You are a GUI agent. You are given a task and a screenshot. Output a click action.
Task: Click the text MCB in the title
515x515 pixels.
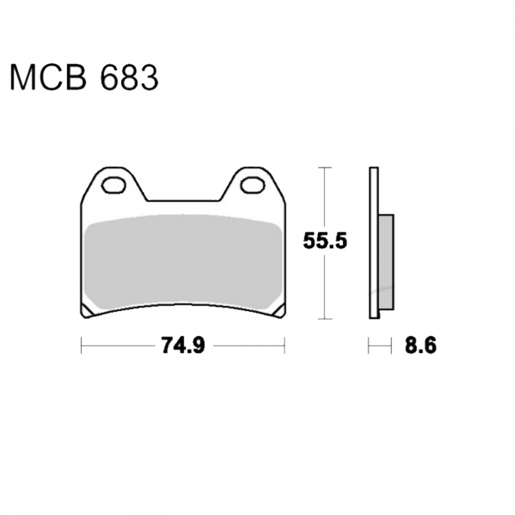[48, 77]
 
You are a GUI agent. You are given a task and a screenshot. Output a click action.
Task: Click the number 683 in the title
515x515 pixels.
[129, 77]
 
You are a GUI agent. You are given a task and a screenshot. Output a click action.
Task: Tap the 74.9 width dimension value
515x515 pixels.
[183, 346]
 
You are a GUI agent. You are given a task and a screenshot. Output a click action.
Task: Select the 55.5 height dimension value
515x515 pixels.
[325, 241]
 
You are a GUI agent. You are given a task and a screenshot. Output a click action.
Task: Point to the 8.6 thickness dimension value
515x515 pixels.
[421, 346]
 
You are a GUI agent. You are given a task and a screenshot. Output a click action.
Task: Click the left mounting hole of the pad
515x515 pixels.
[114, 185]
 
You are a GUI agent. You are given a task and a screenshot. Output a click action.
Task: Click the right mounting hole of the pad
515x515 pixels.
[252, 185]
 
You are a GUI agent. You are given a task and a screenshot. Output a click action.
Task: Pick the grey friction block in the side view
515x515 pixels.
[386, 262]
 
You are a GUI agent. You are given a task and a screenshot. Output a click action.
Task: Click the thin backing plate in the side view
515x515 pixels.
[374, 243]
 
